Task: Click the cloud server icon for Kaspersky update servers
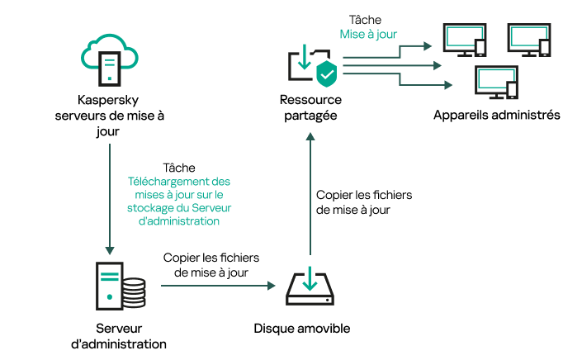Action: (x=109, y=59)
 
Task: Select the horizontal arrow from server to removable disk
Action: (x=217, y=286)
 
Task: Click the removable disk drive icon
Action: (x=309, y=286)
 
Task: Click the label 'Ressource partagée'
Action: (x=310, y=108)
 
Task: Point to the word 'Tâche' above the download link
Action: (x=179, y=168)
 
